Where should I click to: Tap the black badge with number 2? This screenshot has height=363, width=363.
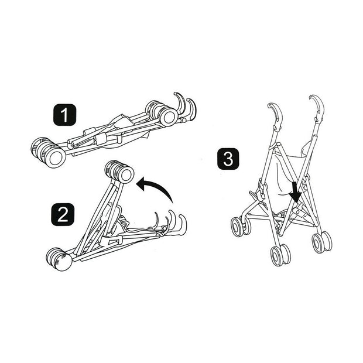63,214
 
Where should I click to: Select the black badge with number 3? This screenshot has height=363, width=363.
228,159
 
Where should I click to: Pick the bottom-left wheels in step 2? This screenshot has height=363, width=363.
59,258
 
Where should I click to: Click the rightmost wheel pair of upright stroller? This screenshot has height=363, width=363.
321,241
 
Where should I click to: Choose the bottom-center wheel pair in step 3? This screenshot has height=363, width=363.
280,254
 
